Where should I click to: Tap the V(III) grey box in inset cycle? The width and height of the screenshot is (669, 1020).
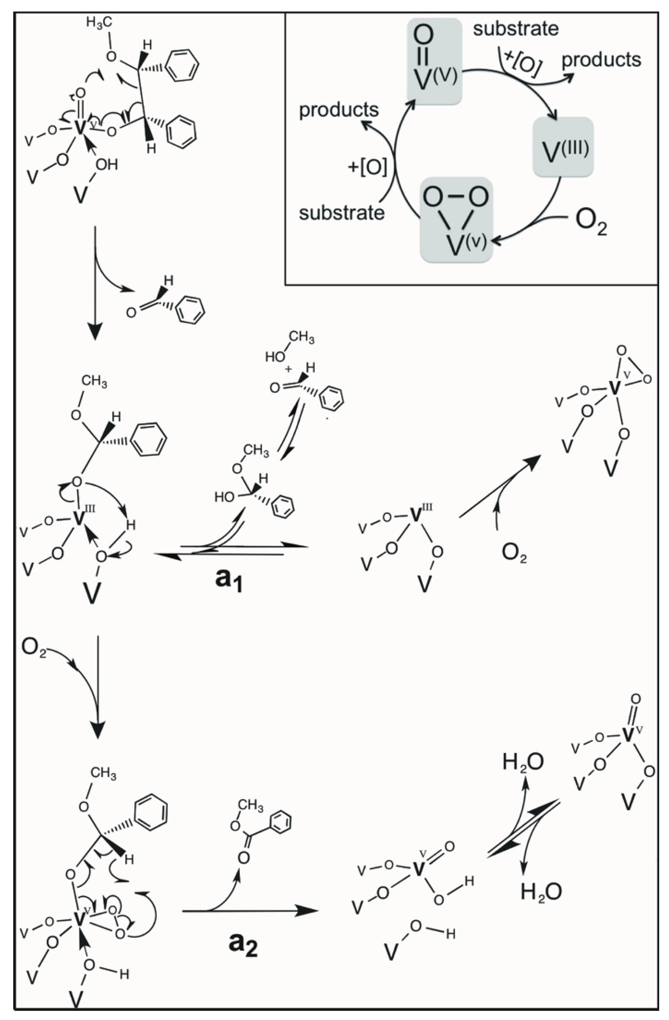pos(563,147)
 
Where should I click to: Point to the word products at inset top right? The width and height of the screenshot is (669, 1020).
pos(601,60)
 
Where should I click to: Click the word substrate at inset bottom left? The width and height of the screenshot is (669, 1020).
pos(341,213)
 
